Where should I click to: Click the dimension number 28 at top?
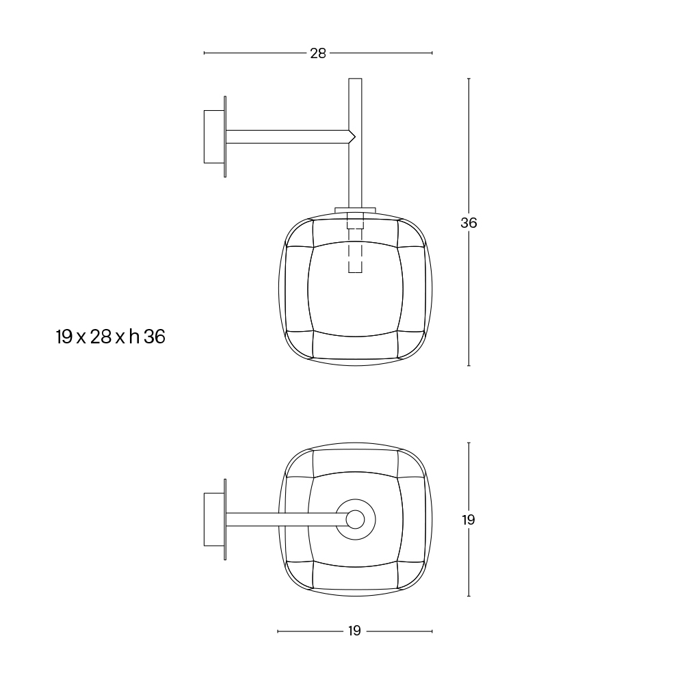(x=318, y=53)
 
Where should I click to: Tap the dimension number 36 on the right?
(x=469, y=223)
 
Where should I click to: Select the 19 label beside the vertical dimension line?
(x=469, y=520)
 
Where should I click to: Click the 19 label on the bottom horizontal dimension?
(x=354, y=631)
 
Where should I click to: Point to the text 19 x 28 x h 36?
(x=111, y=337)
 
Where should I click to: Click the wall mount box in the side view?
(x=214, y=137)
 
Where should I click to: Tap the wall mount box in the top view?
(x=214, y=520)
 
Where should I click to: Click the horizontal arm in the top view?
(x=286, y=520)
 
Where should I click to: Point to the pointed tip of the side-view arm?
(x=355, y=137)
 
